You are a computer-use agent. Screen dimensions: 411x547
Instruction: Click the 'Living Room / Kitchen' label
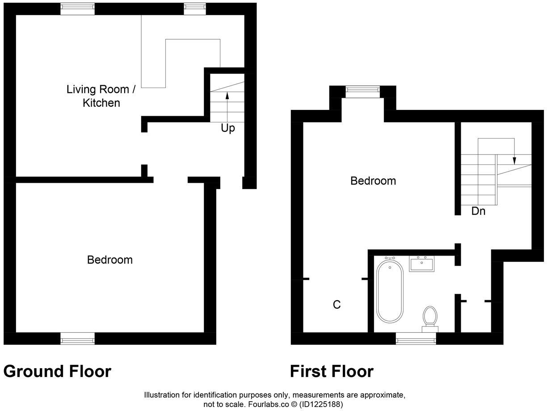[101, 96]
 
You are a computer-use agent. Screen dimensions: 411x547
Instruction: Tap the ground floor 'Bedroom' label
[109, 260]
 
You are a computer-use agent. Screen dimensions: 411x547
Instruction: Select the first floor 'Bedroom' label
[373, 181]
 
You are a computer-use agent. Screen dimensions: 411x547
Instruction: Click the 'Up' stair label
[227, 128]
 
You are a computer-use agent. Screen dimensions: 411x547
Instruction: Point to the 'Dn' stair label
[478, 211]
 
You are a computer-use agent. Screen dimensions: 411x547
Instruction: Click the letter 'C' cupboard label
[337, 305]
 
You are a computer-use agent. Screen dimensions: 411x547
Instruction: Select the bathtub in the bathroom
[390, 291]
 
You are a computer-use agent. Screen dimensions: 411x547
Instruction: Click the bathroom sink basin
[422, 264]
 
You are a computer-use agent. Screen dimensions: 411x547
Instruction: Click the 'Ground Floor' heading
[57, 371]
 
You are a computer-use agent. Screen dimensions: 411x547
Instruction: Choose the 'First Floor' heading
[331, 371]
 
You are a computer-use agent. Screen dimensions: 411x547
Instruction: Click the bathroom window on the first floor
[416, 340]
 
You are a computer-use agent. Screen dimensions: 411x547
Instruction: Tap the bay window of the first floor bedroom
[362, 91]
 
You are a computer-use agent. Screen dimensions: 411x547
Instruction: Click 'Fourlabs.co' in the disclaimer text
[258, 404]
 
